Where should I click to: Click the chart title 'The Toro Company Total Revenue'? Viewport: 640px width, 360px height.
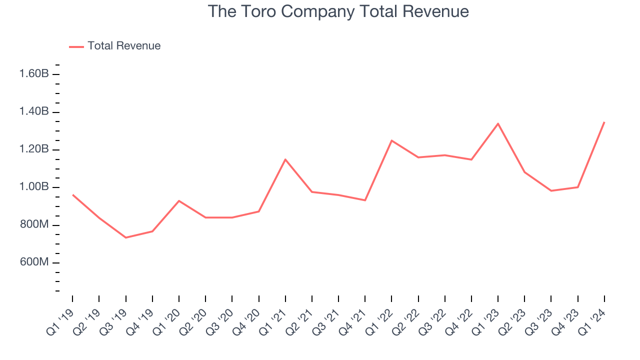coord(338,11)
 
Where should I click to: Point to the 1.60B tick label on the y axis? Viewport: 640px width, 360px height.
coord(34,74)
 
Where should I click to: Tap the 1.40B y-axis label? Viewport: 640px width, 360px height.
coord(34,111)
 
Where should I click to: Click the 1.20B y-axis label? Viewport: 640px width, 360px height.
coord(34,149)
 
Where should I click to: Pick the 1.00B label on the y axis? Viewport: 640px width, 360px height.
coord(34,187)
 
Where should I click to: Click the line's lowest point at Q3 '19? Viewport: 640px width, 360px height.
coord(125,237)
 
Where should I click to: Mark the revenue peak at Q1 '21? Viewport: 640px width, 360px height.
coord(285,159)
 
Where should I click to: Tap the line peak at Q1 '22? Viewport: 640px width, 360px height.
coord(391,140)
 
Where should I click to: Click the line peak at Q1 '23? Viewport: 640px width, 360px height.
coord(498,123)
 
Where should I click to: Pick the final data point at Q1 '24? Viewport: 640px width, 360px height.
coord(604,122)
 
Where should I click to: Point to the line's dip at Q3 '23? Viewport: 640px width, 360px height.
coord(551,190)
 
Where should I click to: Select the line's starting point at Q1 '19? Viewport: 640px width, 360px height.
coord(73,195)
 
